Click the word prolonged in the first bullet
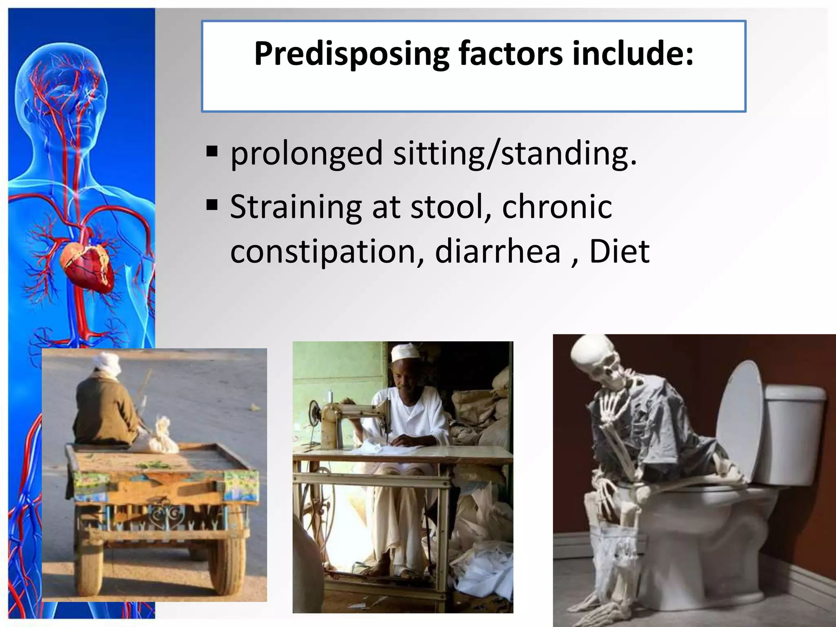tap(306, 154)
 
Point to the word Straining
tap(296, 207)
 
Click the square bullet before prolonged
tap(212, 151)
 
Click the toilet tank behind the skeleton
tap(794, 433)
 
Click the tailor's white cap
tap(402, 352)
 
